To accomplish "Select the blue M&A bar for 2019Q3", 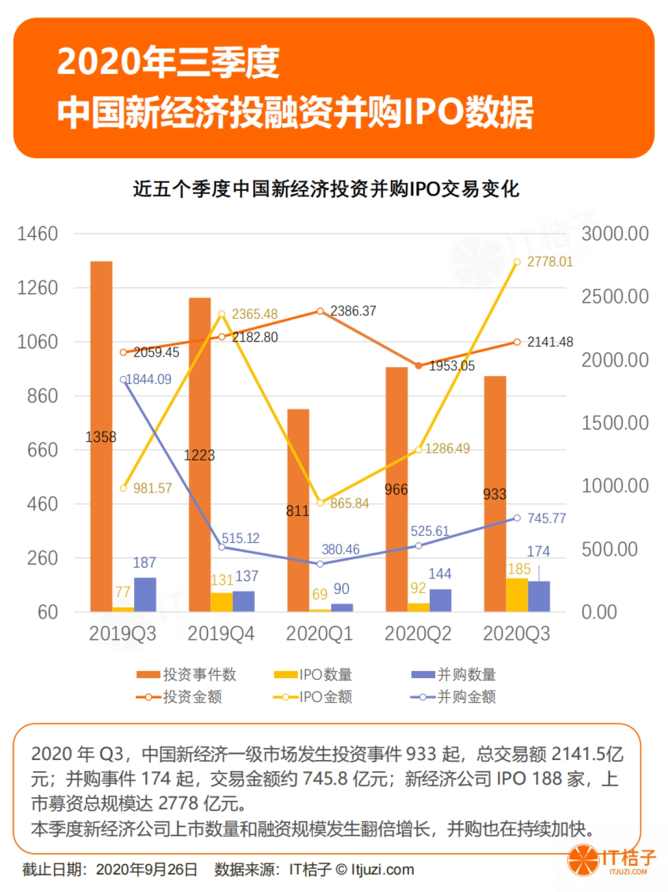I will (x=145, y=594).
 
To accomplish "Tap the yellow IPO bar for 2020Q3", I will (x=517, y=594).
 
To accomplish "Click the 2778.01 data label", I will (x=549, y=261).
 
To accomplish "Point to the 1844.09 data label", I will (x=149, y=379).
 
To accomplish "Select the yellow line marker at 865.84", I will (x=320, y=503).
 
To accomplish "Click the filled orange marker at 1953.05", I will (x=419, y=365).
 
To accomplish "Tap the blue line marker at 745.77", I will (x=517, y=518).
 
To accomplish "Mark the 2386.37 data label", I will (x=353, y=311).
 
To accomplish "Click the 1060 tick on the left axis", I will (x=37, y=342).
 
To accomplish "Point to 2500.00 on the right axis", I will (x=615, y=296).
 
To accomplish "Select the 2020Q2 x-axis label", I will (x=417, y=633).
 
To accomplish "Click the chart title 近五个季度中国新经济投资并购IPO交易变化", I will (x=326, y=189).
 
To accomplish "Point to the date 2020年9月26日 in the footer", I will (x=146, y=870).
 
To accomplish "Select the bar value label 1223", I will (x=199, y=455).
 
